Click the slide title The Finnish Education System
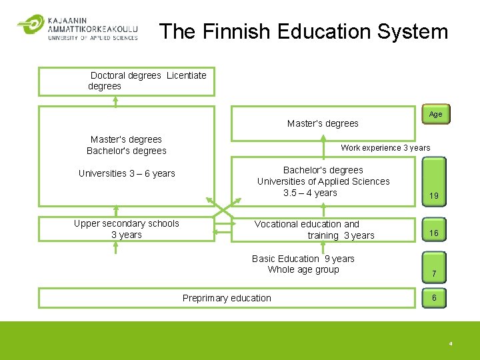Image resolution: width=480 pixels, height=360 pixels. (304, 31)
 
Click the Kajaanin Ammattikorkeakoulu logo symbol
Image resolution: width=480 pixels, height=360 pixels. (30, 25)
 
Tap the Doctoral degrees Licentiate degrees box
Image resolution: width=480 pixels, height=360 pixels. (127, 81)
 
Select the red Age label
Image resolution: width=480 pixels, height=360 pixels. (435, 114)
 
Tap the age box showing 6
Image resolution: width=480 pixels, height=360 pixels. (434, 297)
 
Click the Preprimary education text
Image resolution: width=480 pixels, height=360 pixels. (227, 298)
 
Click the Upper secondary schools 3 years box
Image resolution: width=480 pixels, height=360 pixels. (127, 229)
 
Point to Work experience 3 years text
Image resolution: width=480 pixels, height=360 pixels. (385, 148)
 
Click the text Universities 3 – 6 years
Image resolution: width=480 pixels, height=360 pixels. (127, 173)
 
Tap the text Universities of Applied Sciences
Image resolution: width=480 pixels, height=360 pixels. (323, 181)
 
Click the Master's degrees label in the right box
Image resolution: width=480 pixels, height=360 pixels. (323, 123)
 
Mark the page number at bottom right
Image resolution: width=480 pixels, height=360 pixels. (451, 344)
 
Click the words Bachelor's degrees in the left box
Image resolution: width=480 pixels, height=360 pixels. (127, 151)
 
